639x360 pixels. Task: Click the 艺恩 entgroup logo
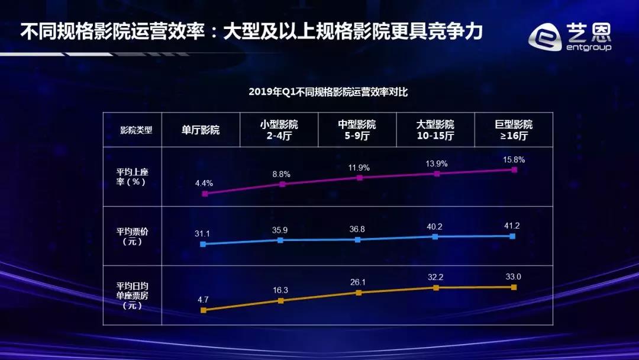coord(570,37)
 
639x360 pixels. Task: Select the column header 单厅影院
coord(201,130)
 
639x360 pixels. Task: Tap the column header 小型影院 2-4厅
coord(279,130)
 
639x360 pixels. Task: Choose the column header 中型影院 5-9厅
coord(357,130)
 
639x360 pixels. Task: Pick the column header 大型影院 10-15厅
coord(435,130)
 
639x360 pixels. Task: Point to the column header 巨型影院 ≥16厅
coord(514,130)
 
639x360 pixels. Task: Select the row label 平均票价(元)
coord(133,236)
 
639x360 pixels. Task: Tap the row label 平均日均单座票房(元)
coord(133,295)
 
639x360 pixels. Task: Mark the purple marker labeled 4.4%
coord(205,194)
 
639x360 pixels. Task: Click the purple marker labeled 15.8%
coord(514,169)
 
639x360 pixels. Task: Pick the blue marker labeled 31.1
coord(203,244)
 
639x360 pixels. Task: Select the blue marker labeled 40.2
coord(435,236)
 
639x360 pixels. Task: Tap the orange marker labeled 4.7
coord(203,310)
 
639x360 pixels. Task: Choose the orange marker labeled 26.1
coord(358,292)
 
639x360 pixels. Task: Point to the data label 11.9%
coord(359,168)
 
